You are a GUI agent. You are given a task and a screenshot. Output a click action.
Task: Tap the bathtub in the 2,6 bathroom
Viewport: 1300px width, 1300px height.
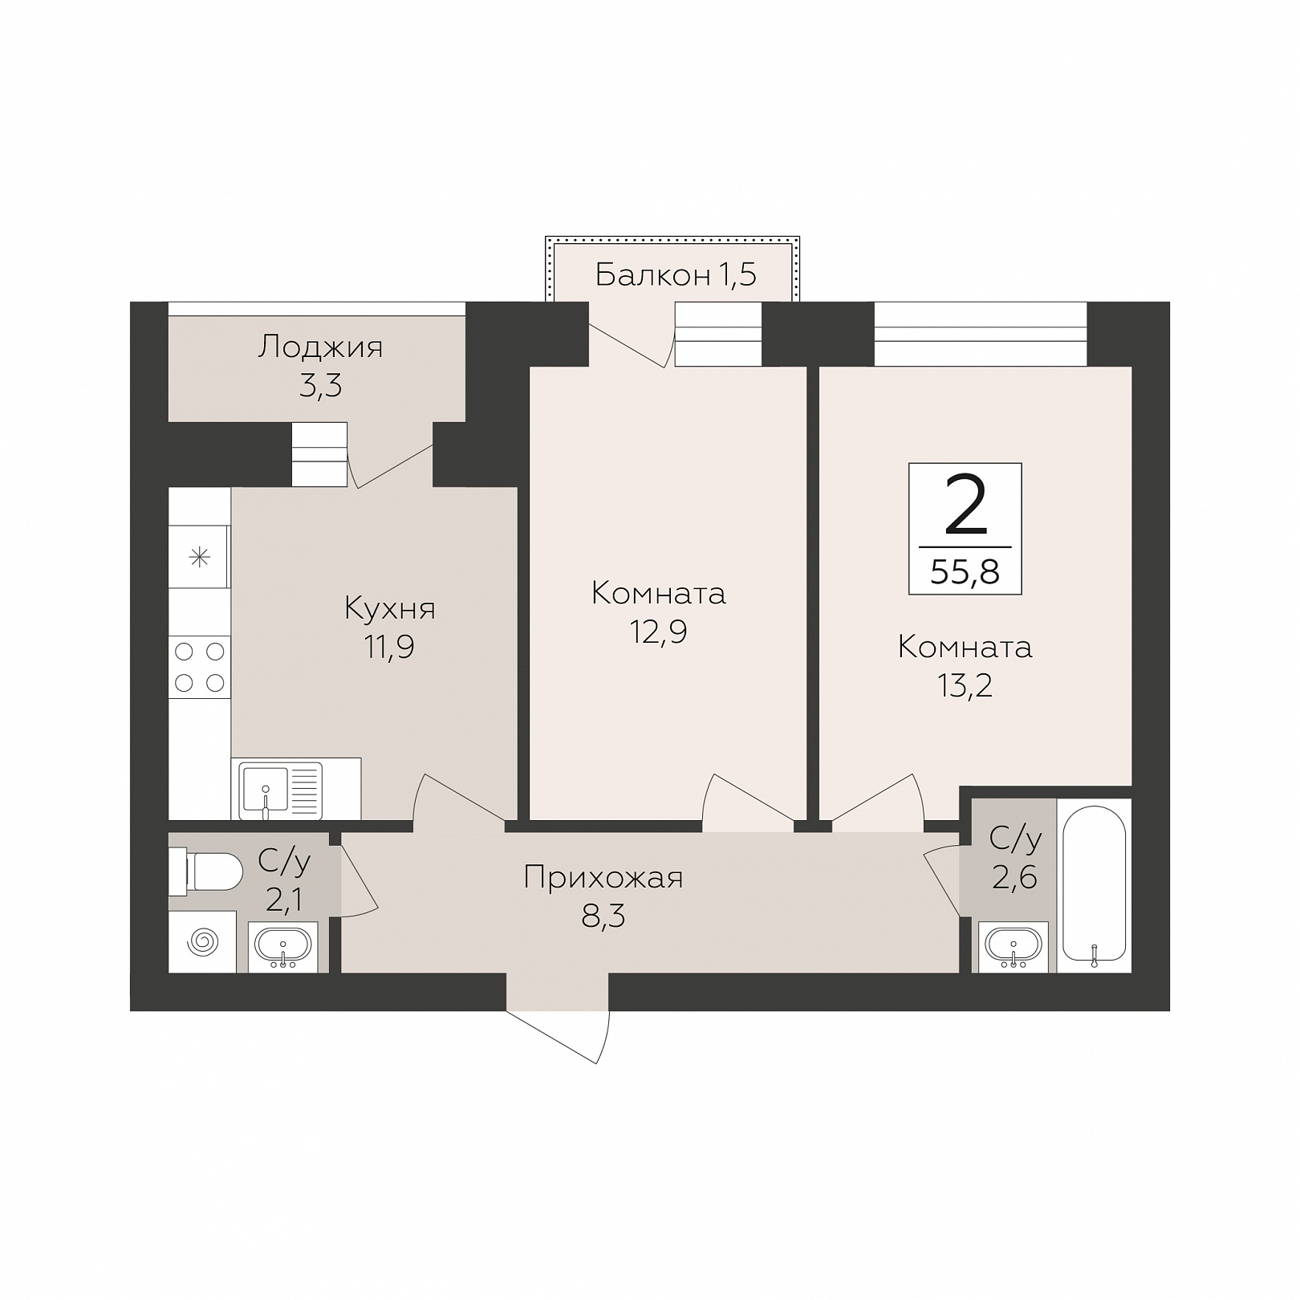pyautogui.click(x=1094, y=886)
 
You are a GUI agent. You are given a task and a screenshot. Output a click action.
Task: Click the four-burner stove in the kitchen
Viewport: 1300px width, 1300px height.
pyautogui.click(x=200, y=667)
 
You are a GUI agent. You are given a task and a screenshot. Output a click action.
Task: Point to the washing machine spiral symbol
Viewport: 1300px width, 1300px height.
pyautogui.click(x=201, y=941)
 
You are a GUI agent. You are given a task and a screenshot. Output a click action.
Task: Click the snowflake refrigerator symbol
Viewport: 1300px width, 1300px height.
pyautogui.click(x=199, y=556)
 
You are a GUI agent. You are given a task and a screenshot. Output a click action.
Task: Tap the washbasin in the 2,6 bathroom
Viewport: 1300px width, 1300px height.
pyautogui.click(x=1013, y=946)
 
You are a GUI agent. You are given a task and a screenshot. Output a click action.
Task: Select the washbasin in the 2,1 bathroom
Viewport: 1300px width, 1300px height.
pyautogui.click(x=282, y=947)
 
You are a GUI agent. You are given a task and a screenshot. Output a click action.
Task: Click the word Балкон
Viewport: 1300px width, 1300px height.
pyautogui.click(x=652, y=275)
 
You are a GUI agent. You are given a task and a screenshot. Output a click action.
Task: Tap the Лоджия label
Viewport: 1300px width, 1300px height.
pyautogui.click(x=320, y=347)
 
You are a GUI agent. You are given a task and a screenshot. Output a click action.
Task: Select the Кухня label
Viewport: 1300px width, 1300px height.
pyautogui.click(x=390, y=608)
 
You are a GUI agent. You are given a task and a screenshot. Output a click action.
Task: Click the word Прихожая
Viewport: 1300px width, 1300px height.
pyautogui.click(x=603, y=877)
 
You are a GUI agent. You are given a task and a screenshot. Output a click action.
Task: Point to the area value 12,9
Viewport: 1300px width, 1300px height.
pyautogui.click(x=658, y=632)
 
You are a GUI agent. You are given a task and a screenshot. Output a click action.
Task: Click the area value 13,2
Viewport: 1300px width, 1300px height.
pyautogui.click(x=965, y=685)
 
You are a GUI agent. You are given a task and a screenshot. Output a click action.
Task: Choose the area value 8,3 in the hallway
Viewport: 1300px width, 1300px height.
pyautogui.click(x=603, y=916)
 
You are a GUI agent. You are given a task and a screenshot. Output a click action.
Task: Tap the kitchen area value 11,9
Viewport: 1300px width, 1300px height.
pyautogui.click(x=390, y=647)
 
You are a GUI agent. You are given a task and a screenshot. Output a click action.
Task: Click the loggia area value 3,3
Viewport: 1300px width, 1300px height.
pyautogui.click(x=320, y=386)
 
